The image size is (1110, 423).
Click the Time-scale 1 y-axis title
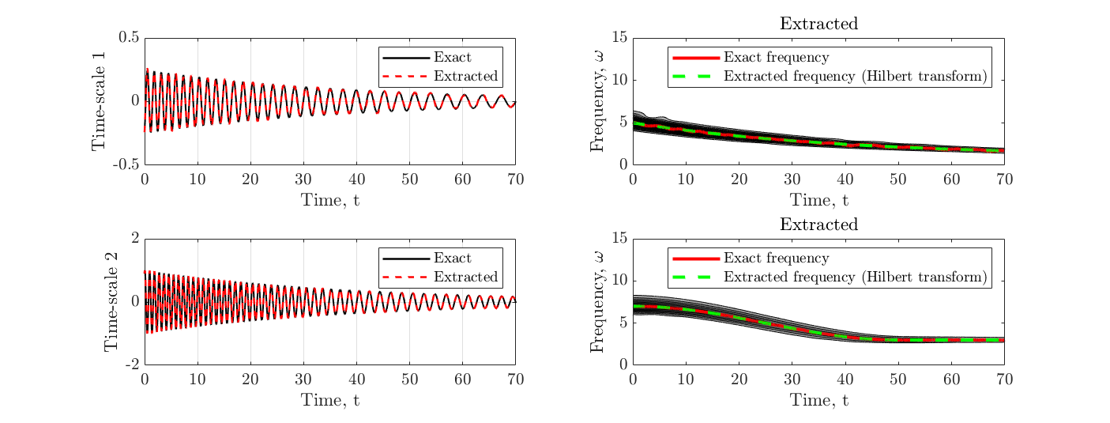click(x=100, y=101)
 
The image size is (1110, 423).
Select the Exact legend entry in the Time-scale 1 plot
click(x=452, y=58)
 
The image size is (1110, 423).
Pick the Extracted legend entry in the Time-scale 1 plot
click(x=466, y=77)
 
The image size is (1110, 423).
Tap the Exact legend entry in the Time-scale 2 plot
click(x=452, y=259)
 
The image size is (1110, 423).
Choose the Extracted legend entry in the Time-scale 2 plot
click(x=466, y=277)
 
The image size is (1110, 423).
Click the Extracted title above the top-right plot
click(x=818, y=24)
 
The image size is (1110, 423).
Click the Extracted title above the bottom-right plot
click(x=818, y=225)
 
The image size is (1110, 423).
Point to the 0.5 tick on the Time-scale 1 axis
click(x=130, y=38)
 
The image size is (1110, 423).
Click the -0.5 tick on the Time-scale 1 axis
click(x=126, y=164)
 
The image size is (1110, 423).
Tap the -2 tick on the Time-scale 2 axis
click(x=132, y=364)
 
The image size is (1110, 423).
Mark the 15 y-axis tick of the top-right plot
click(x=619, y=38)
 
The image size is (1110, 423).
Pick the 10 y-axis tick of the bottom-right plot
click(x=619, y=281)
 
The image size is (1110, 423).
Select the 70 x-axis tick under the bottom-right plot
click(x=1003, y=380)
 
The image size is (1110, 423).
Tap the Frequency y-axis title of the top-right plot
click(x=599, y=101)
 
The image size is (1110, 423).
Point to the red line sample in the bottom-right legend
click(x=695, y=259)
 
